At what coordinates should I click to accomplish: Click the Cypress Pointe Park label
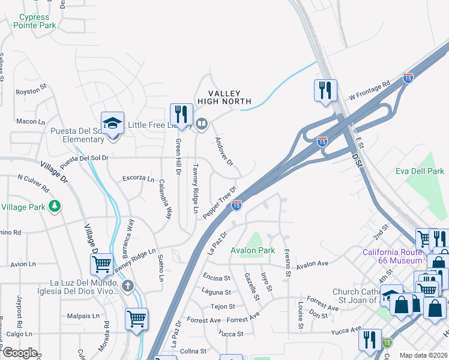tap(37, 22)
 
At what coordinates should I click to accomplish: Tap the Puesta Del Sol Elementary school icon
tap(112, 124)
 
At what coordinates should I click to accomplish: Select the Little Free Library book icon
tap(202, 125)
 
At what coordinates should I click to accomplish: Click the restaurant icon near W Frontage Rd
tap(325, 90)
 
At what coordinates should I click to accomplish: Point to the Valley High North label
tap(224, 97)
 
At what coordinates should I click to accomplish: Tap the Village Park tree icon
tap(55, 206)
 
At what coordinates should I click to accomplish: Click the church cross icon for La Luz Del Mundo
tap(127, 286)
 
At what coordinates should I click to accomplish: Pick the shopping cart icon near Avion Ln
tap(101, 263)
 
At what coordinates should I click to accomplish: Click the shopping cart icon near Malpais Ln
tap(136, 318)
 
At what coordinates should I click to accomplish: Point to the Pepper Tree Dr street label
tap(217, 202)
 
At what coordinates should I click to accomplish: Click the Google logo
tap(20, 353)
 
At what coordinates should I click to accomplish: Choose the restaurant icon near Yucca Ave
tap(370, 339)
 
